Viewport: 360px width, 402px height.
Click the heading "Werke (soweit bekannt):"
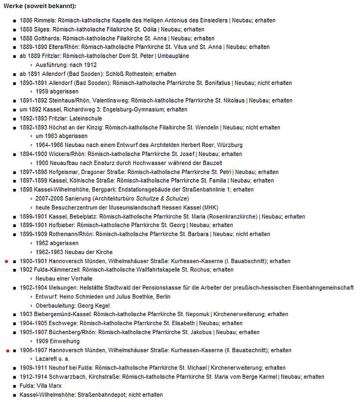click(x=40, y=6)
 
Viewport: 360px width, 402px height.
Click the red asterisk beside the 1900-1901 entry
click(x=5, y=261)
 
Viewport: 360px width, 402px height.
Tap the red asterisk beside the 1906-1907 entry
click(x=5, y=350)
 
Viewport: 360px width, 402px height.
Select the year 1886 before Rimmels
click(x=27, y=21)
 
